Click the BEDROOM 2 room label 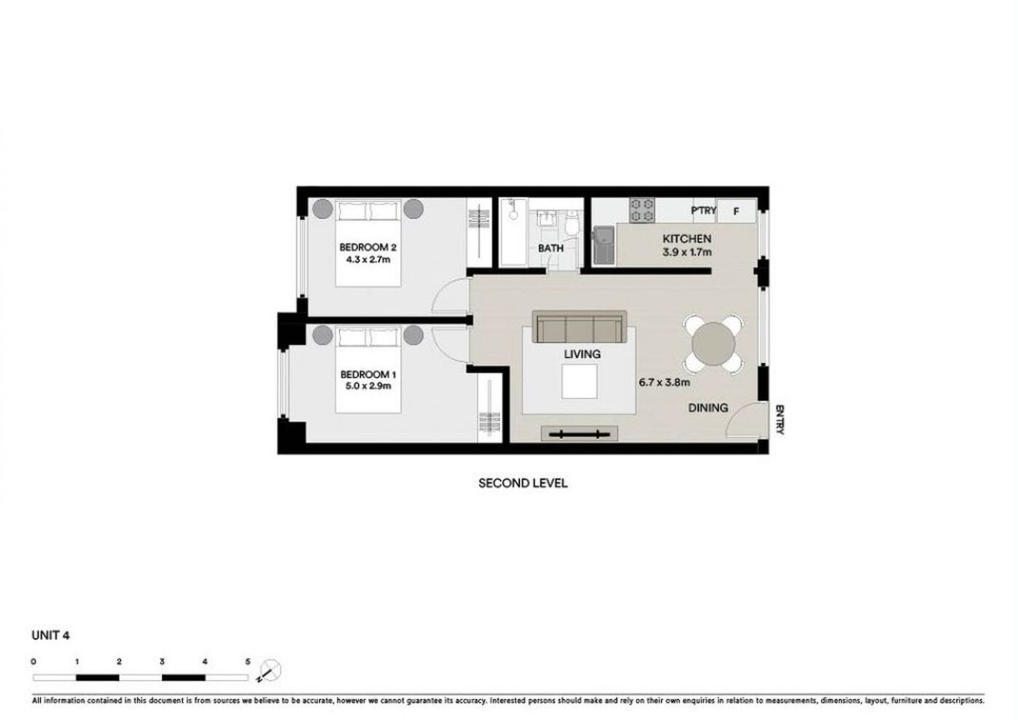pos(368,248)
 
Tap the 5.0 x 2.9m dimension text pos(368,386)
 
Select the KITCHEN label pos(686,239)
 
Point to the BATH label pos(550,248)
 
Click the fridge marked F pos(736,212)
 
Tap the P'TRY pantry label pos(704,210)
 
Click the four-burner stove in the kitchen pos(641,210)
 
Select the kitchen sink pos(604,246)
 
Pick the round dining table pos(713,344)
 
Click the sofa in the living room pos(580,327)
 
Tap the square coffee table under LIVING pos(580,381)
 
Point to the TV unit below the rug pos(580,433)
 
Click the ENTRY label pos(779,420)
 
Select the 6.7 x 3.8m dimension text pos(664,383)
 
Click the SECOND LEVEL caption pos(523,483)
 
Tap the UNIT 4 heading pos(50,636)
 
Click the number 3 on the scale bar pos(161,662)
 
